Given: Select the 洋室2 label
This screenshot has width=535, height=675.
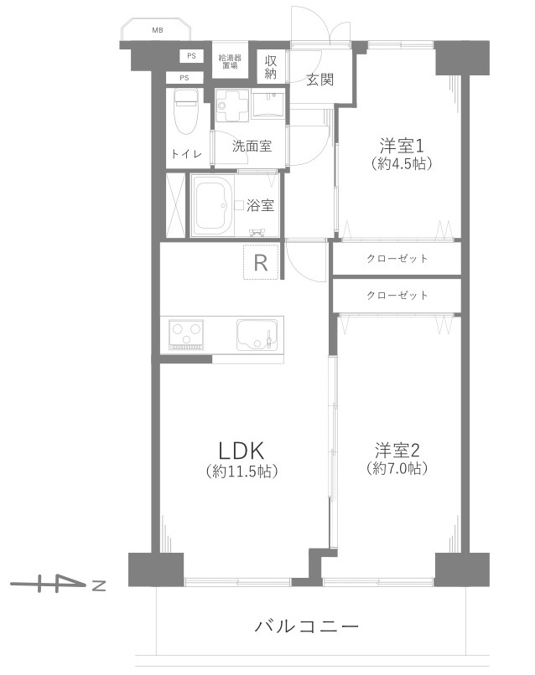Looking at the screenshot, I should coord(397,448).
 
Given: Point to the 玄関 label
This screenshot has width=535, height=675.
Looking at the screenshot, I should coord(319,80).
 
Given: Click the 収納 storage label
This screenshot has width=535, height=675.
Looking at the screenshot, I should coord(272,67).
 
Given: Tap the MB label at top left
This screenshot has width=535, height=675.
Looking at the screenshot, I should coord(158,31).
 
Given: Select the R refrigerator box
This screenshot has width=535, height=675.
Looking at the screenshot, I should coord(261,264).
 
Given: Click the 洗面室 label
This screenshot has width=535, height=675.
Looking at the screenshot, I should coord(252,146).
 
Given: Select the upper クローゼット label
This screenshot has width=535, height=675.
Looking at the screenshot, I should coord(397,258).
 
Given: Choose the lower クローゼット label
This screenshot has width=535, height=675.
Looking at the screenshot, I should coord(397,295).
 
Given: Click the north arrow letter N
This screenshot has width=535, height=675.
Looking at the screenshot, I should coord(98,585).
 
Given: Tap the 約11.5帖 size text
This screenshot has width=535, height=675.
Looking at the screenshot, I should coord(242,471).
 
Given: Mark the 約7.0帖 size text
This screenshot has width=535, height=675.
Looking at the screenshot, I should coord(397,468).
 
